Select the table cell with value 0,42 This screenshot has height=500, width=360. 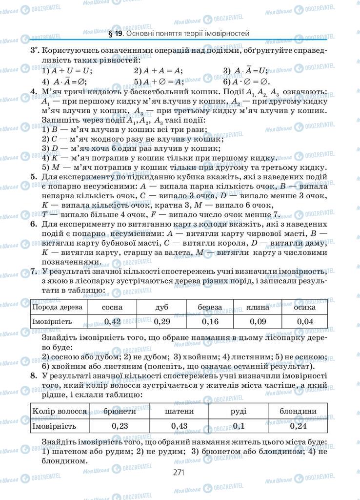112,321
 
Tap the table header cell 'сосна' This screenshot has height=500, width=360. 112,307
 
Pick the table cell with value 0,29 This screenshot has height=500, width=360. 161,321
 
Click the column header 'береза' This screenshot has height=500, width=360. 210,307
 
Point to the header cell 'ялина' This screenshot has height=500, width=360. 259,307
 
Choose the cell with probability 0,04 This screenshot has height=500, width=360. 305,321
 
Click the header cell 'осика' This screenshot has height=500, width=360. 305,307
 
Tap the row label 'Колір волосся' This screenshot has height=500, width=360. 60,411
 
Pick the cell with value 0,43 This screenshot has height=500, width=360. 180,426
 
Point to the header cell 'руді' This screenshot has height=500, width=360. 239,411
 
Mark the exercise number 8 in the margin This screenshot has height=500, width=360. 33,375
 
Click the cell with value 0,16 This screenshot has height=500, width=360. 210,321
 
